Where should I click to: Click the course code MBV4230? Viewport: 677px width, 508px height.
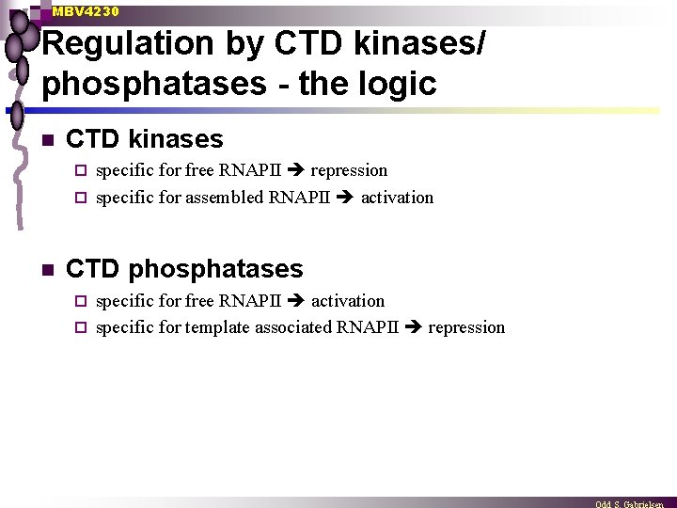(86, 11)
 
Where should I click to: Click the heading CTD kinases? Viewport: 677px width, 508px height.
(145, 139)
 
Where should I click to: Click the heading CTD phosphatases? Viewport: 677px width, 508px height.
(184, 269)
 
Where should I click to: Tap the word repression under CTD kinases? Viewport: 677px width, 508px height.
(349, 170)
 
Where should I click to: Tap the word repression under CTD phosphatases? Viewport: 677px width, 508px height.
(466, 327)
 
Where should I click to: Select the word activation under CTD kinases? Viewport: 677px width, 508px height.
(397, 198)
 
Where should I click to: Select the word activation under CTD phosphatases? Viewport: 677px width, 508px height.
(348, 301)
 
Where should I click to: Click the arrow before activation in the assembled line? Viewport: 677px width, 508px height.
(345, 198)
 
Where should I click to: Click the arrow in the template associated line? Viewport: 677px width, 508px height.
(413, 327)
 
